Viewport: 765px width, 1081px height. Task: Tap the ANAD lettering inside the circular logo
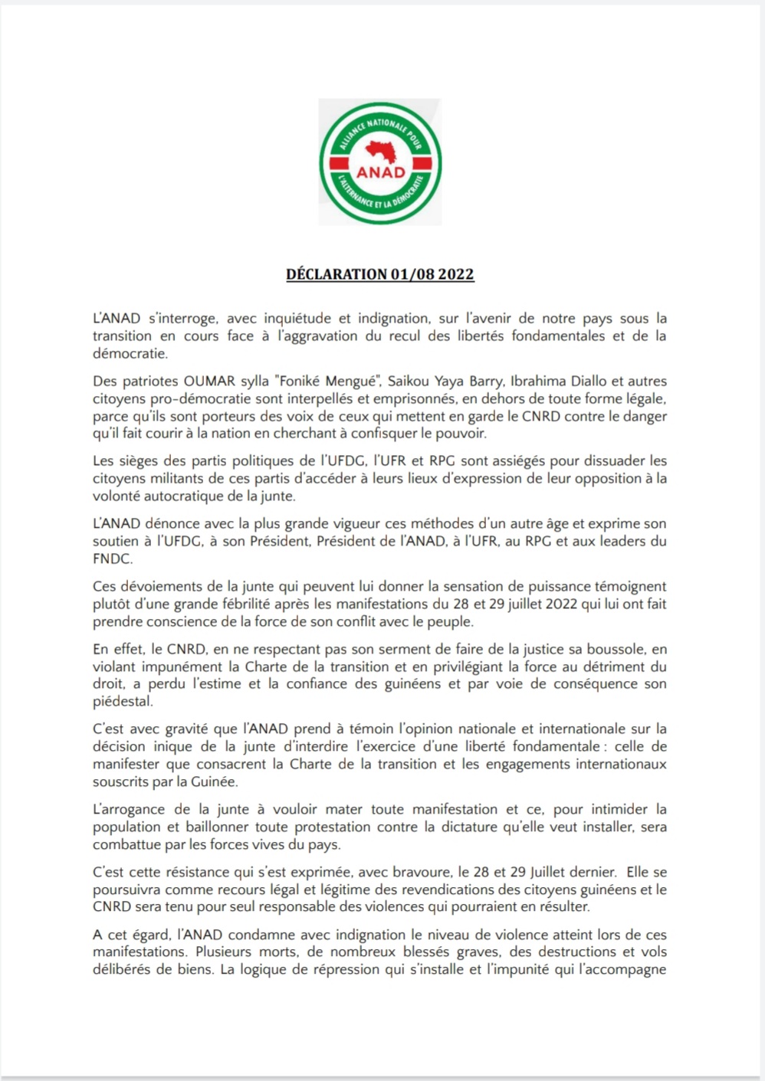click(x=381, y=172)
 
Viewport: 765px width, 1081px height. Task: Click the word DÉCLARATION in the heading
click(x=337, y=274)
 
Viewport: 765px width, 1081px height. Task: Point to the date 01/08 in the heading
click(x=412, y=274)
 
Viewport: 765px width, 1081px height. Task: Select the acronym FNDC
click(x=113, y=559)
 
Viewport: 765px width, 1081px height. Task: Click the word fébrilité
click(x=238, y=604)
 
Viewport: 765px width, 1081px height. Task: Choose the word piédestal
click(x=123, y=701)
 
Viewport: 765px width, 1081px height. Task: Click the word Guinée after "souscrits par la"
click(x=215, y=781)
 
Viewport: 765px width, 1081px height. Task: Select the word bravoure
click(x=421, y=872)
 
